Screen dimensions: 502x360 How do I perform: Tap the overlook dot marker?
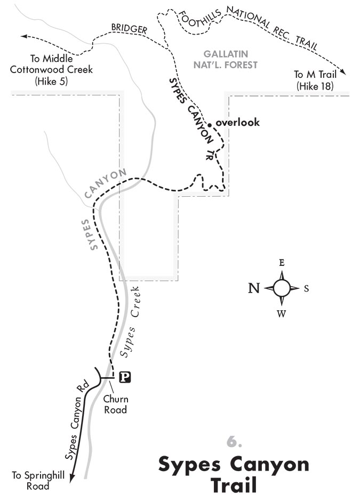(210, 124)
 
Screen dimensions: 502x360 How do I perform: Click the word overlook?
(237, 122)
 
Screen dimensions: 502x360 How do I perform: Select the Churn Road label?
(116, 404)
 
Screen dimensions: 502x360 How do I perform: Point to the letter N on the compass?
(254, 288)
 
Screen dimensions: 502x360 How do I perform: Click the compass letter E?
(282, 263)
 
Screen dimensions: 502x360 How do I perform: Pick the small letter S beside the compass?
(307, 288)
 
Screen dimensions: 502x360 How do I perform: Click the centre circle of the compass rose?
(282, 288)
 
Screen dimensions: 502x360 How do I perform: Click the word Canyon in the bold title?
(267, 464)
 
